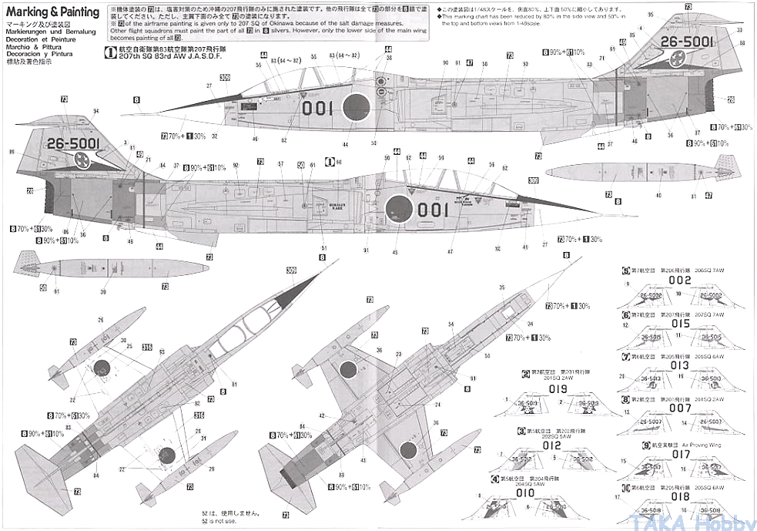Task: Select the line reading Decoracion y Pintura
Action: coord(40,54)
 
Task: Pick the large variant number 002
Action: coord(681,281)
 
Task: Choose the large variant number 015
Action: coord(681,324)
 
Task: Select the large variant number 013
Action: coord(681,365)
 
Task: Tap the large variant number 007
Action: coord(681,408)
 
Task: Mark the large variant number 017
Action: coord(681,455)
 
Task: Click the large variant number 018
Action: coord(681,497)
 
